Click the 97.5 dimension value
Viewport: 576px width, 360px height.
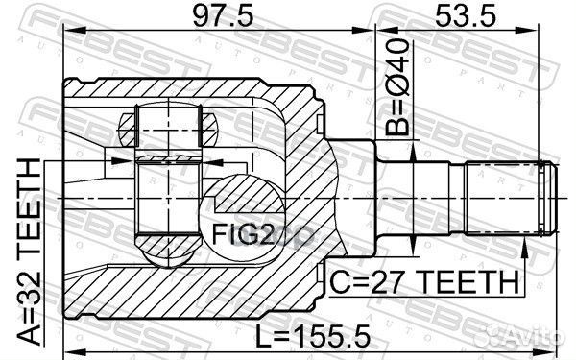click(224, 15)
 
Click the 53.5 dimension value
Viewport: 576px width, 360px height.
click(466, 15)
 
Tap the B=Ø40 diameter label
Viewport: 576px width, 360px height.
click(397, 87)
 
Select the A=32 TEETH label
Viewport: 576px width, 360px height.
click(30, 252)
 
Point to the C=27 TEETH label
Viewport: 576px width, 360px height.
click(425, 282)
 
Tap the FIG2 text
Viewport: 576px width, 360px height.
click(243, 234)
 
